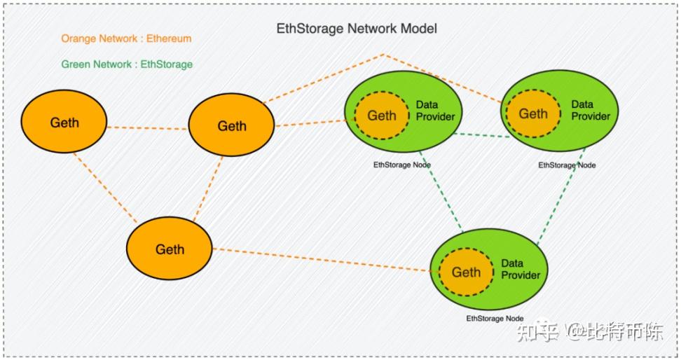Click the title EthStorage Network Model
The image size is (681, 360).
point(357,29)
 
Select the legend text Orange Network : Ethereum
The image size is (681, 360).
point(126,39)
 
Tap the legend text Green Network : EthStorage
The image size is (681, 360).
point(127,64)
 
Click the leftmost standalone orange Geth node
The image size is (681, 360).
point(64,123)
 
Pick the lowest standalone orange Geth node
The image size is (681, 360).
point(170,249)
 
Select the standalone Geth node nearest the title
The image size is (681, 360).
point(231,126)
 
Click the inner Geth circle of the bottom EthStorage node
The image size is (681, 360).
point(466,272)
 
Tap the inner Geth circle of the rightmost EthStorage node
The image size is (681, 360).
point(532,113)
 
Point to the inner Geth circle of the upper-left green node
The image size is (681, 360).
point(382,116)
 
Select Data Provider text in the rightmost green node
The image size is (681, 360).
point(590,111)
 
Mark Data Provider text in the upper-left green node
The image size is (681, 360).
point(435,111)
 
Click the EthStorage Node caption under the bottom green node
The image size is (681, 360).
point(495,319)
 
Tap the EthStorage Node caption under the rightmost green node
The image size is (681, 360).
point(567,165)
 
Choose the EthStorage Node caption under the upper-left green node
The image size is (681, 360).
point(401,165)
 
